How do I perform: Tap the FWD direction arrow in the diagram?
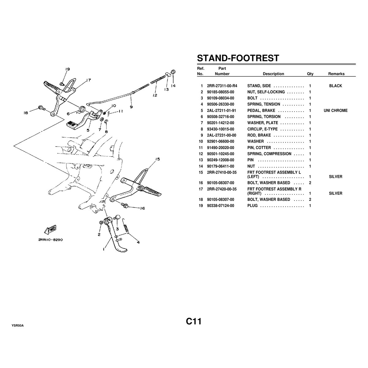pyautogui.click(x=50, y=230)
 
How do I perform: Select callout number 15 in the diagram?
pyautogui.click(x=157, y=159)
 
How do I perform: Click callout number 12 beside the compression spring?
pyautogui.click(x=155, y=95)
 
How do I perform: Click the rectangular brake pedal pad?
pyautogui.click(x=70, y=123)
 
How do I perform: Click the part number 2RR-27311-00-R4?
pyautogui.click(x=222, y=86)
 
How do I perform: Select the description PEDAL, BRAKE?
pyautogui.click(x=261, y=110)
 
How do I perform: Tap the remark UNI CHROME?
pyautogui.click(x=335, y=110)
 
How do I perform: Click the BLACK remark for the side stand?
pyautogui.click(x=335, y=86)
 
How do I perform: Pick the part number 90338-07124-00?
pyautogui.click(x=220, y=206)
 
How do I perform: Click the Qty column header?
pyautogui.click(x=310, y=74)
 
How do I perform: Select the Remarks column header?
pyautogui.click(x=336, y=74)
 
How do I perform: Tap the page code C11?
pyautogui.click(x=193, y=321)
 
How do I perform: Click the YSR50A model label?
pyautogui.click(x=18, y=325)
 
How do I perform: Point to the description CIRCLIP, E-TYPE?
pyautogui.click(x=262, y=129)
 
